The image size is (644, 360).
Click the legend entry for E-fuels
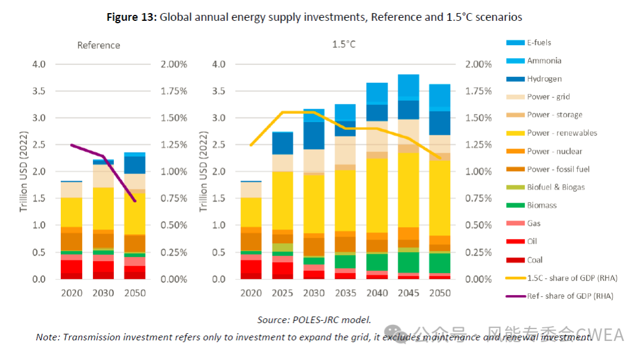(x=538, y=43)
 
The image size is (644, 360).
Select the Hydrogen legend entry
(x=544, y=79)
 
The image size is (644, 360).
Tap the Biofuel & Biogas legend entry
(x=556, y=187)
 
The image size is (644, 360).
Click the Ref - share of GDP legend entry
(x=569, y=296)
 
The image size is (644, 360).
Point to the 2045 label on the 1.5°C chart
(x=408, y=293)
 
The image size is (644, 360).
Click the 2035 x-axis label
(x=345, y=293)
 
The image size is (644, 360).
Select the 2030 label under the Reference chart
(x=103, y=293)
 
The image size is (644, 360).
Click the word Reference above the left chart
(x=98, y=45)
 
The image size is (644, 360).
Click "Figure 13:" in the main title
(x=131, y=17)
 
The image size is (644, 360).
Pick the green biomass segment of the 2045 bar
(x=408, y=262)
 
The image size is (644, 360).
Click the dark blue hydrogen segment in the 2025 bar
(x=283, y=143)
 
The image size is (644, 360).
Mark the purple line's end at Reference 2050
(x=135, y=201)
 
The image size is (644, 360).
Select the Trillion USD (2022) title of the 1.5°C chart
(x=203, y=172)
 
